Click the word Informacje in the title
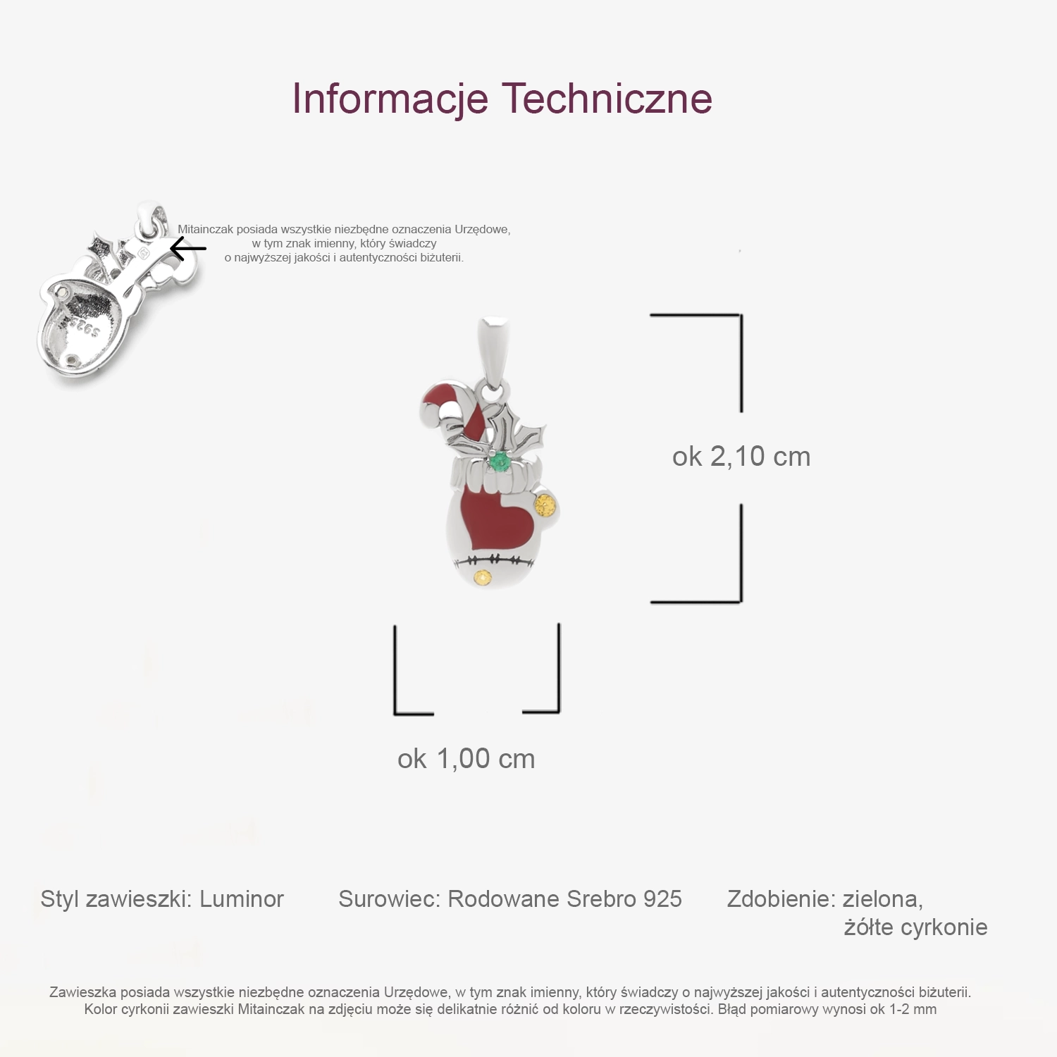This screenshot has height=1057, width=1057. click(x=390, y=99)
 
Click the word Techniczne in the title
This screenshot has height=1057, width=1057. click(x=607, y=99)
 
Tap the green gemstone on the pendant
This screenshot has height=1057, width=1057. click(x=500, y=463)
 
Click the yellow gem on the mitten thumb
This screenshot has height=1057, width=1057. click(x=545, y=505)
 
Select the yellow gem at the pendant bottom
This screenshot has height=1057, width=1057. click(x=482, y=579)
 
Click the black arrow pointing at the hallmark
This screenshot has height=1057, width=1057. click(x=188, y=249)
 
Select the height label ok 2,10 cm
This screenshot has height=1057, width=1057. click(x=741, y=457)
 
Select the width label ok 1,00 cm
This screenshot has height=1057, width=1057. click(x=466, y=759)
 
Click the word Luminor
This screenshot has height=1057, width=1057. click(x=241, y=899)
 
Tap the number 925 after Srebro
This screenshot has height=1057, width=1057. click(x=662, y=899)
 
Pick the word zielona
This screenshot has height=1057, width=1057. click(x=882, y=899)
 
